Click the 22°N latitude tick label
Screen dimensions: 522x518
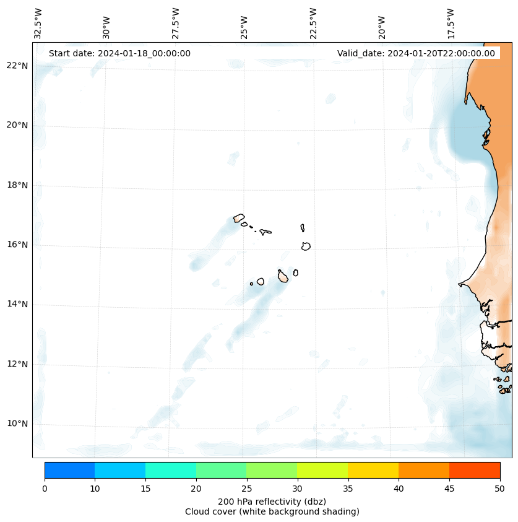[x=17, y=66]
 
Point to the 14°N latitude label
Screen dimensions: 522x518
[x=17, y=304]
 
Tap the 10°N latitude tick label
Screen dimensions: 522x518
[x=17, y=424]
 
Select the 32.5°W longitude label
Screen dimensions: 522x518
[x=38, y=23]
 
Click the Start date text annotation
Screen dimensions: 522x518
[x=119, y=53]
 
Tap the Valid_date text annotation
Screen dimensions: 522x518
[x=416, y=53]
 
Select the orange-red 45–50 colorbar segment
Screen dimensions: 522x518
[x=475, y=470]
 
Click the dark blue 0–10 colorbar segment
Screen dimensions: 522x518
[x=69, y=470]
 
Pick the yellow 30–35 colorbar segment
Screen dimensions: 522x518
[x=322, y=470]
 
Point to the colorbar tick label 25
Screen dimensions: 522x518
[x=246, y=490]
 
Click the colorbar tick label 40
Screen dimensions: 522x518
[x=399, y=490]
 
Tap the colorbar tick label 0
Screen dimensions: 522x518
[x=45, y=490]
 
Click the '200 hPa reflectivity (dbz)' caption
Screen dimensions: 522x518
[x=272, y=501]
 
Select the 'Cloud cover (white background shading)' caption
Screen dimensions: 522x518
[x=272, y=511]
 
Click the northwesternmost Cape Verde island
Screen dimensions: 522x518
[x=239, y=218]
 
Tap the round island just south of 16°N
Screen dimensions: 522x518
[x=306, y=246]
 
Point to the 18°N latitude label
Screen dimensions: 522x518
[x=17, y=185]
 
